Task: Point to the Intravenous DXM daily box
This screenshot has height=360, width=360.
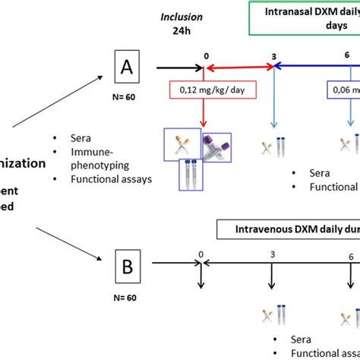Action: (x=289, y=227)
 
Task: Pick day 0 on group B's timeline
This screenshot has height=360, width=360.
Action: (x=201, y=255)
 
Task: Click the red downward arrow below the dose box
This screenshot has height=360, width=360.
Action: (x=203, y=118)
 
